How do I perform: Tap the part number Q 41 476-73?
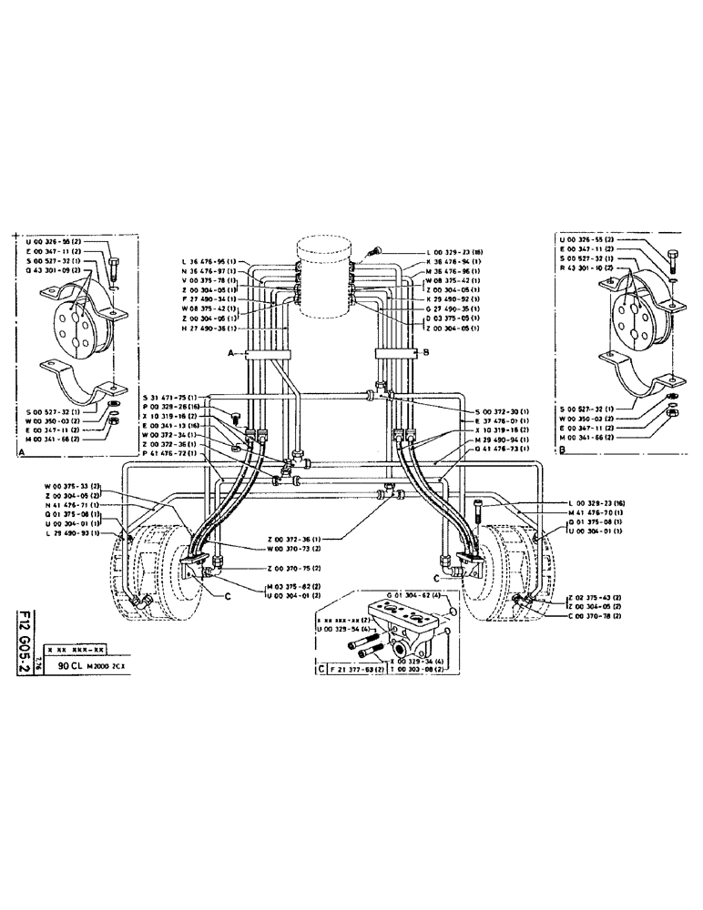tap(503, 449)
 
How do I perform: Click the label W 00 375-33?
tap(74, 484)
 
